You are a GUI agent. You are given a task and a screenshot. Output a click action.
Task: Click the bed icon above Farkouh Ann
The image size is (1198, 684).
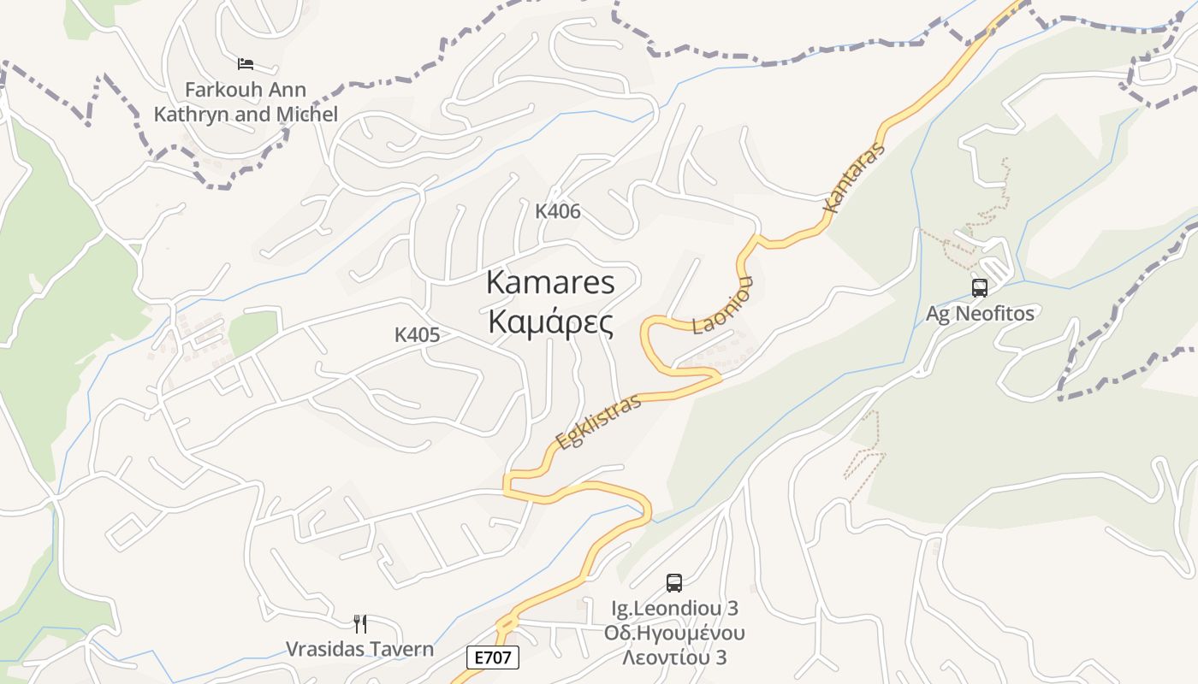[246, 64]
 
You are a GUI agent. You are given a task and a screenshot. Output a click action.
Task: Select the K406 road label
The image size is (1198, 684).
[558, 211]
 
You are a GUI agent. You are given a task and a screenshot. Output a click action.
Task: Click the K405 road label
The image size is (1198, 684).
[417, 335]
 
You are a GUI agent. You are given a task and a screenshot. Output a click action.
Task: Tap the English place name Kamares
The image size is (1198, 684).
[550, 282]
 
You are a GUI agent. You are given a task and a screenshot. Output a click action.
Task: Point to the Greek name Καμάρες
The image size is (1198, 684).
[550, 323]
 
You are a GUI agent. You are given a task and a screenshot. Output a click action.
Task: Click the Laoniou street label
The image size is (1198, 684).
[723, 305]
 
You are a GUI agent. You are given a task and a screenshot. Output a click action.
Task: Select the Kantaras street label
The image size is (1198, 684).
[853, 179]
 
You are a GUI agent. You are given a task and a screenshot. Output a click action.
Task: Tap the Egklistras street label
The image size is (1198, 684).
[598, 422]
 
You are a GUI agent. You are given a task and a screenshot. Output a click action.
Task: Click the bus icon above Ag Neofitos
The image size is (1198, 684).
[980, 288]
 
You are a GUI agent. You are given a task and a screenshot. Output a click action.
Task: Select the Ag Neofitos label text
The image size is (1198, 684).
[980, 314]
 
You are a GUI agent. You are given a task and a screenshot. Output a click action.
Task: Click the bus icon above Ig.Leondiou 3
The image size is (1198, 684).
[674, 583]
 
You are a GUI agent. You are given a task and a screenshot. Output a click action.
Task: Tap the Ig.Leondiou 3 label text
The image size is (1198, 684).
[674, 609]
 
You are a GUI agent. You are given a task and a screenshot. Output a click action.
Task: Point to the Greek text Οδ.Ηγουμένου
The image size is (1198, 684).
[674, 634]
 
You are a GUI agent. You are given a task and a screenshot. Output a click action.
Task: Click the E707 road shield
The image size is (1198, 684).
[493, 657]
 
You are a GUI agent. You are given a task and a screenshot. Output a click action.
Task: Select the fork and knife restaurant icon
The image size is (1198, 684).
[360, 624]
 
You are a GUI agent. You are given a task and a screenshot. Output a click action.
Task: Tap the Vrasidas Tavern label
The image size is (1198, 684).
[360, 649]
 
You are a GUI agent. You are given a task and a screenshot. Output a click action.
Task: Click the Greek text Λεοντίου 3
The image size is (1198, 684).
[674, 658]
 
